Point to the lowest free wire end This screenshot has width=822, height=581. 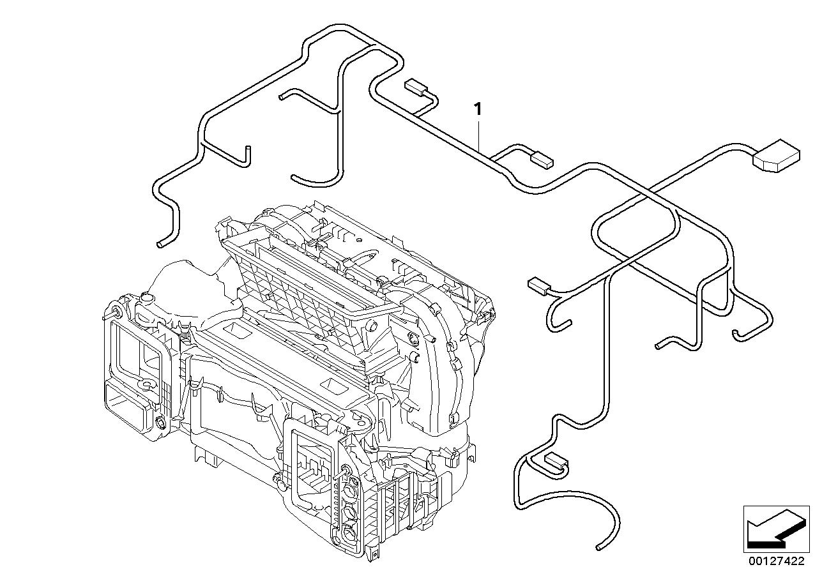599,547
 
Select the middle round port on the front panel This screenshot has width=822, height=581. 351,511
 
